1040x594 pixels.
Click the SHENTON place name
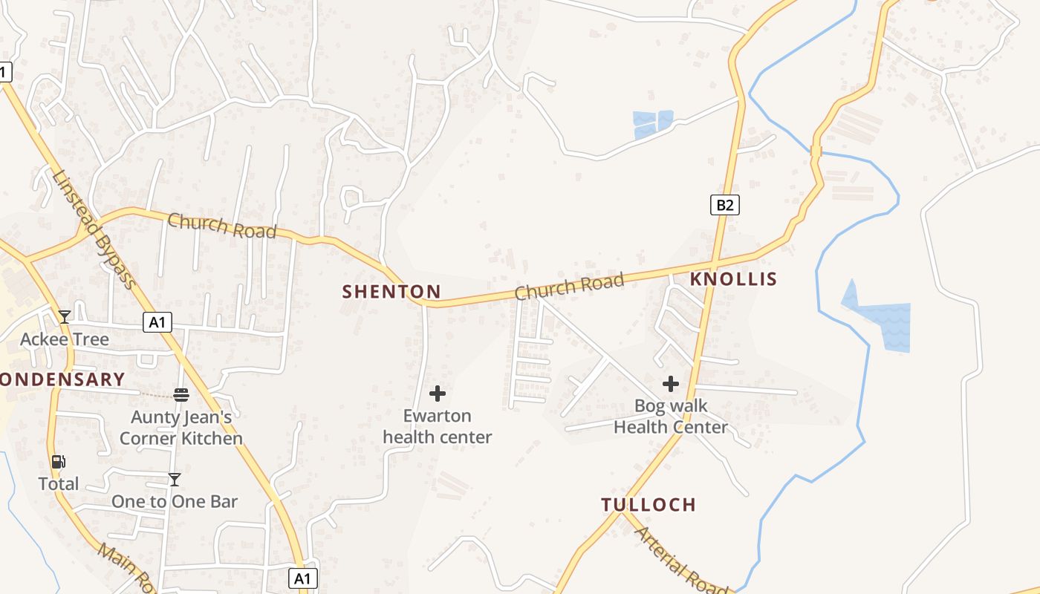pos(391,292)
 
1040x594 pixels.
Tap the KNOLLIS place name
pos(733,279)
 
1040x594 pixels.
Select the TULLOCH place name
pos(649,505)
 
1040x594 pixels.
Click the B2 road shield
pos(724,205)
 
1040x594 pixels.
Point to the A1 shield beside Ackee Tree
pos(157,322)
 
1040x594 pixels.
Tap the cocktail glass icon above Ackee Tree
pos(65,317)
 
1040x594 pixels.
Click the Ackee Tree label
pos(65,340)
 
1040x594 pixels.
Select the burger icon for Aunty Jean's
pos(181,394)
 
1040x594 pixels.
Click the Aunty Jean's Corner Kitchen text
pos(181,428)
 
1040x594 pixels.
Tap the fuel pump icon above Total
pos(58,462)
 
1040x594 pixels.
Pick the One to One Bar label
pos(175,502)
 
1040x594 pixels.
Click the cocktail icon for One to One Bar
pos(175,480)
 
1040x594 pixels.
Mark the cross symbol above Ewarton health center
pos(438,393)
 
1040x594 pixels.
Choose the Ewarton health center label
pos(438,426)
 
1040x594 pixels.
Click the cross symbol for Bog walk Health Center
pos(671,384)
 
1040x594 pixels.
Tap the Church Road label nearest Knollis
pos(570,287)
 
